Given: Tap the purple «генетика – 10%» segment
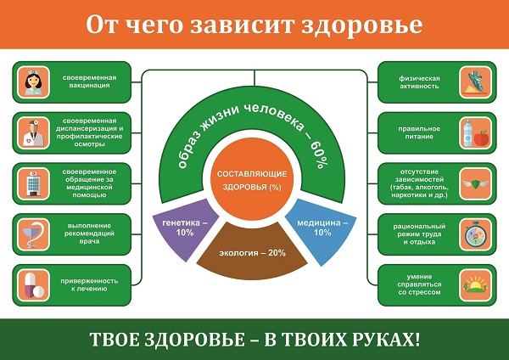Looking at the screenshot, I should (x=178, y=227).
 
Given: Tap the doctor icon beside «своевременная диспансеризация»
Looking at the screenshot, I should (x=35, y=133).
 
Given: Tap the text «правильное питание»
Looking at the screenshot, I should (x=414, y=133).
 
